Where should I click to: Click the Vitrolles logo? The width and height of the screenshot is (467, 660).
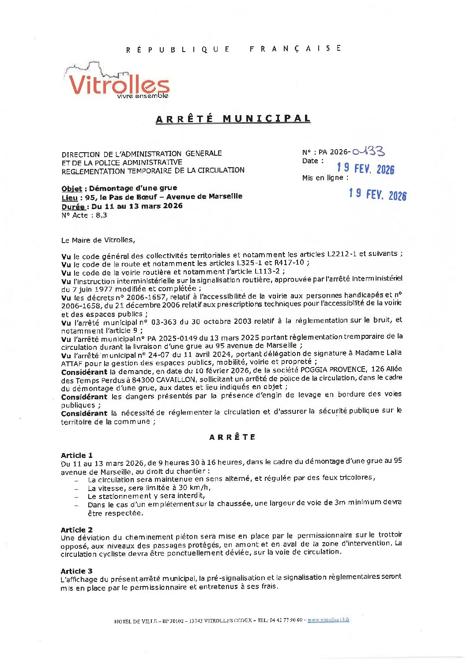tap(117, 82)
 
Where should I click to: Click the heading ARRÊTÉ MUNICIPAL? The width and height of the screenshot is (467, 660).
tap(233, 119)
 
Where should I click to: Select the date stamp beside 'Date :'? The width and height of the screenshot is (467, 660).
tap(365, 169)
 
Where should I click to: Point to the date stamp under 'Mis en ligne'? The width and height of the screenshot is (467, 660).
tap(377, 195)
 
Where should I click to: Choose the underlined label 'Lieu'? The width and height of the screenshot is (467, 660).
tap(70, 197)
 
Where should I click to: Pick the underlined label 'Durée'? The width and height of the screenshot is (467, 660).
tap(73, 206)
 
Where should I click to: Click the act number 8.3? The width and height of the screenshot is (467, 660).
tap(102, 215)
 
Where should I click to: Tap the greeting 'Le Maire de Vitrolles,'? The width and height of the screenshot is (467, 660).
tap(98, 240)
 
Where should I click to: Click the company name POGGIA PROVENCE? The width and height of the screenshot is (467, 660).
tap(333, 370)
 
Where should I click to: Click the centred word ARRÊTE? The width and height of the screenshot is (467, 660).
tap(232, 437)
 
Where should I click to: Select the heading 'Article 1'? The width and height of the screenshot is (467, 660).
tap(77, 455)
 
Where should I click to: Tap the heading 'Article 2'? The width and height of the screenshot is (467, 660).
tap(77, 530)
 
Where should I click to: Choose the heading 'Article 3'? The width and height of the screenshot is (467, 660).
tap(77, 571)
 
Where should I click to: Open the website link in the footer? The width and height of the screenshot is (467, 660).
tap(328, 619)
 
